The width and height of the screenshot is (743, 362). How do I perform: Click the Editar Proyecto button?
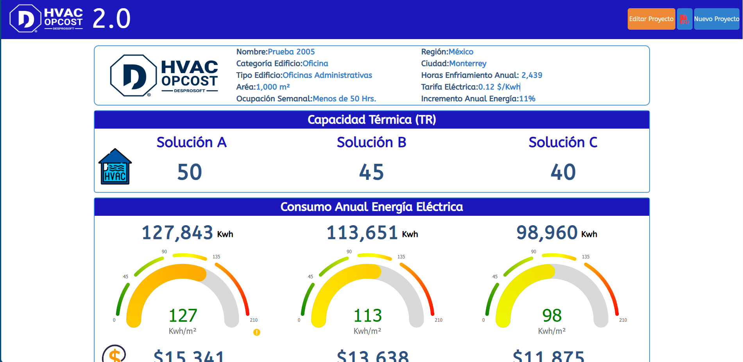pyautogui.click(x=651, y=19)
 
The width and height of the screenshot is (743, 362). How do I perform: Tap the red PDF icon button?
pyautogui.click(x=684, y=19)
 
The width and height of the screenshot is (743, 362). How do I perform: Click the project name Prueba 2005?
pyautogui.click(x=291, y=52)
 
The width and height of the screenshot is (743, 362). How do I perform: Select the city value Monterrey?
pyautogui.click(x=467, y=63)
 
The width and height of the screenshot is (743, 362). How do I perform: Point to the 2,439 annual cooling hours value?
pyautogui.click(x=532, y=75)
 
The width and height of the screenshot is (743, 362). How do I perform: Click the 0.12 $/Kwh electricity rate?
pyautogui.click(x=499, y=87)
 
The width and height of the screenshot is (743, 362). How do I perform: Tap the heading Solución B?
pyautogui.click(x=371, y=142)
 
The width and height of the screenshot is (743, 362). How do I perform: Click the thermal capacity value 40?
pyautogui.click(x=563, y=172)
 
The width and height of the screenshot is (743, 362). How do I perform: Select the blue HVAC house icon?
pyautogui.click(x=115, y=167)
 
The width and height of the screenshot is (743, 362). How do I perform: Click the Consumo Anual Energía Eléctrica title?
pyautogui.click(x=371, y=207)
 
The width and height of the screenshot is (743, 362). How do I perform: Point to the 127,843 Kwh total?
pyautogui.click(x=177, y=233)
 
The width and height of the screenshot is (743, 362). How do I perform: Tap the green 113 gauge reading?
pyautogui.click(x=367, y=315)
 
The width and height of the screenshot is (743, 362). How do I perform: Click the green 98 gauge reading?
pyautogui.click(x=551, y=315)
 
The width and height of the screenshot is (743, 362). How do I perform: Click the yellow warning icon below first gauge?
pyautogui.click(x=256, y=332)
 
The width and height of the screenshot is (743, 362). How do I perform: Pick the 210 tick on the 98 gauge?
pyautogui.click(x=623, y=320)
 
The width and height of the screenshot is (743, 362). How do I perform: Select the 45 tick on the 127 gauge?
pyautogui.click(x=125, y=277)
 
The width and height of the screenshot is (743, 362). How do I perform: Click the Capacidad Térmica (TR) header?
pyautogui.click(x=371, y=120)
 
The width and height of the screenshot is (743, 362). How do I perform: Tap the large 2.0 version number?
pyautogui.click(x=111, y=19)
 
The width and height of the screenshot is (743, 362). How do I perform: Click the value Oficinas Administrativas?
pyautogui.click(x=327, y=75)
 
